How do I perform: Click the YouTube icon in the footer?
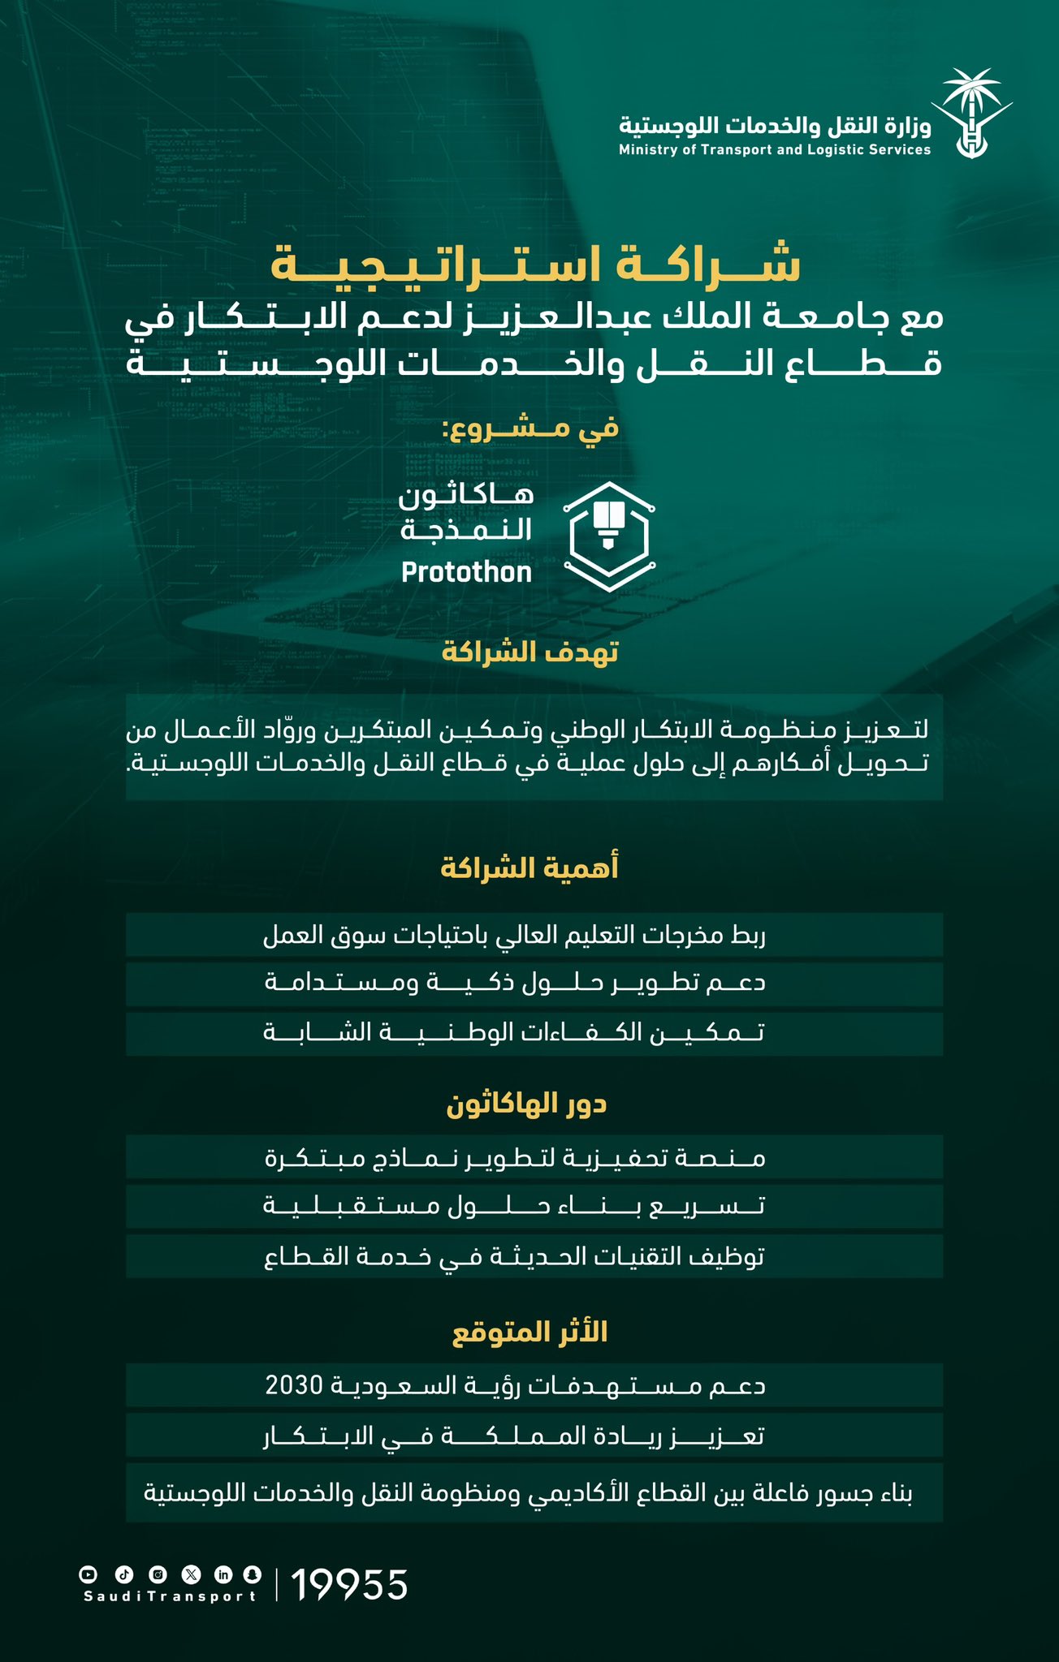coord(88,1574)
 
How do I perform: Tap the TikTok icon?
coord(123,1574)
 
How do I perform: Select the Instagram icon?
coord(158,1574)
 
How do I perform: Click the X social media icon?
coord(191,1574)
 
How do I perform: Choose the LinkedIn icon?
coord(223,1574)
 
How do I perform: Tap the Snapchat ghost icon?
coord(253,1574)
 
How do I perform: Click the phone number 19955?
coord(349,1585)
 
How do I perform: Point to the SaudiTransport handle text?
coord(170,1596)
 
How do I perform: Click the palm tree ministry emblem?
coord(971,114)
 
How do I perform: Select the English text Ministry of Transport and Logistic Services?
coord(775,150)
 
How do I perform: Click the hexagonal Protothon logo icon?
coord(609,536)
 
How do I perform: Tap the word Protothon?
coord(466,573)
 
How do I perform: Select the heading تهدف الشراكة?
coord(529,652)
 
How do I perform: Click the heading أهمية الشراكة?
coord(529,868)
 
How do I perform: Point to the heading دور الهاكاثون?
coord(527,1104)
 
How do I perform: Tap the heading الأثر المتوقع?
coord(529,1333)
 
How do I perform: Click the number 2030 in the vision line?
coord(295,1385)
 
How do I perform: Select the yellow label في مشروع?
coord(529,428)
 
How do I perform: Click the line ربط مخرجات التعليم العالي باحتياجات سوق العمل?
coord(514,936)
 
